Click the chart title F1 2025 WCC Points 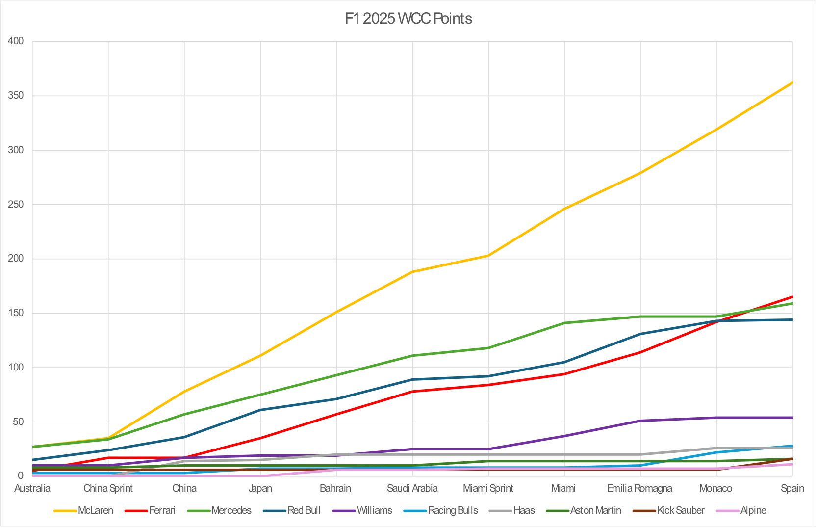click(x=408, y=19)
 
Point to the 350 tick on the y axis click(x=16, y=95)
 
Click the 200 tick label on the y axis click(x=16, y=259)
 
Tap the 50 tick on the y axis click(x=18, y=422)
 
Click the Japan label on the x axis click(x=260, y=488)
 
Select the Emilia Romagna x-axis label click(x=639, y=488)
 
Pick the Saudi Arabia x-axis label click(x=412, y=488)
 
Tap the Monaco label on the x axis click(x=715, y=488)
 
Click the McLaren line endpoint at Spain click(x=792, y=82)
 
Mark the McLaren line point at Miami click(x=564, y=209)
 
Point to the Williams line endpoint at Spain click(x=792, y=418)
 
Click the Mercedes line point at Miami click(x=564, y=323)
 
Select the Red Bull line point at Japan click(x=260, y=410)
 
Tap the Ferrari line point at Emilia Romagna click(x=640, y=352)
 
